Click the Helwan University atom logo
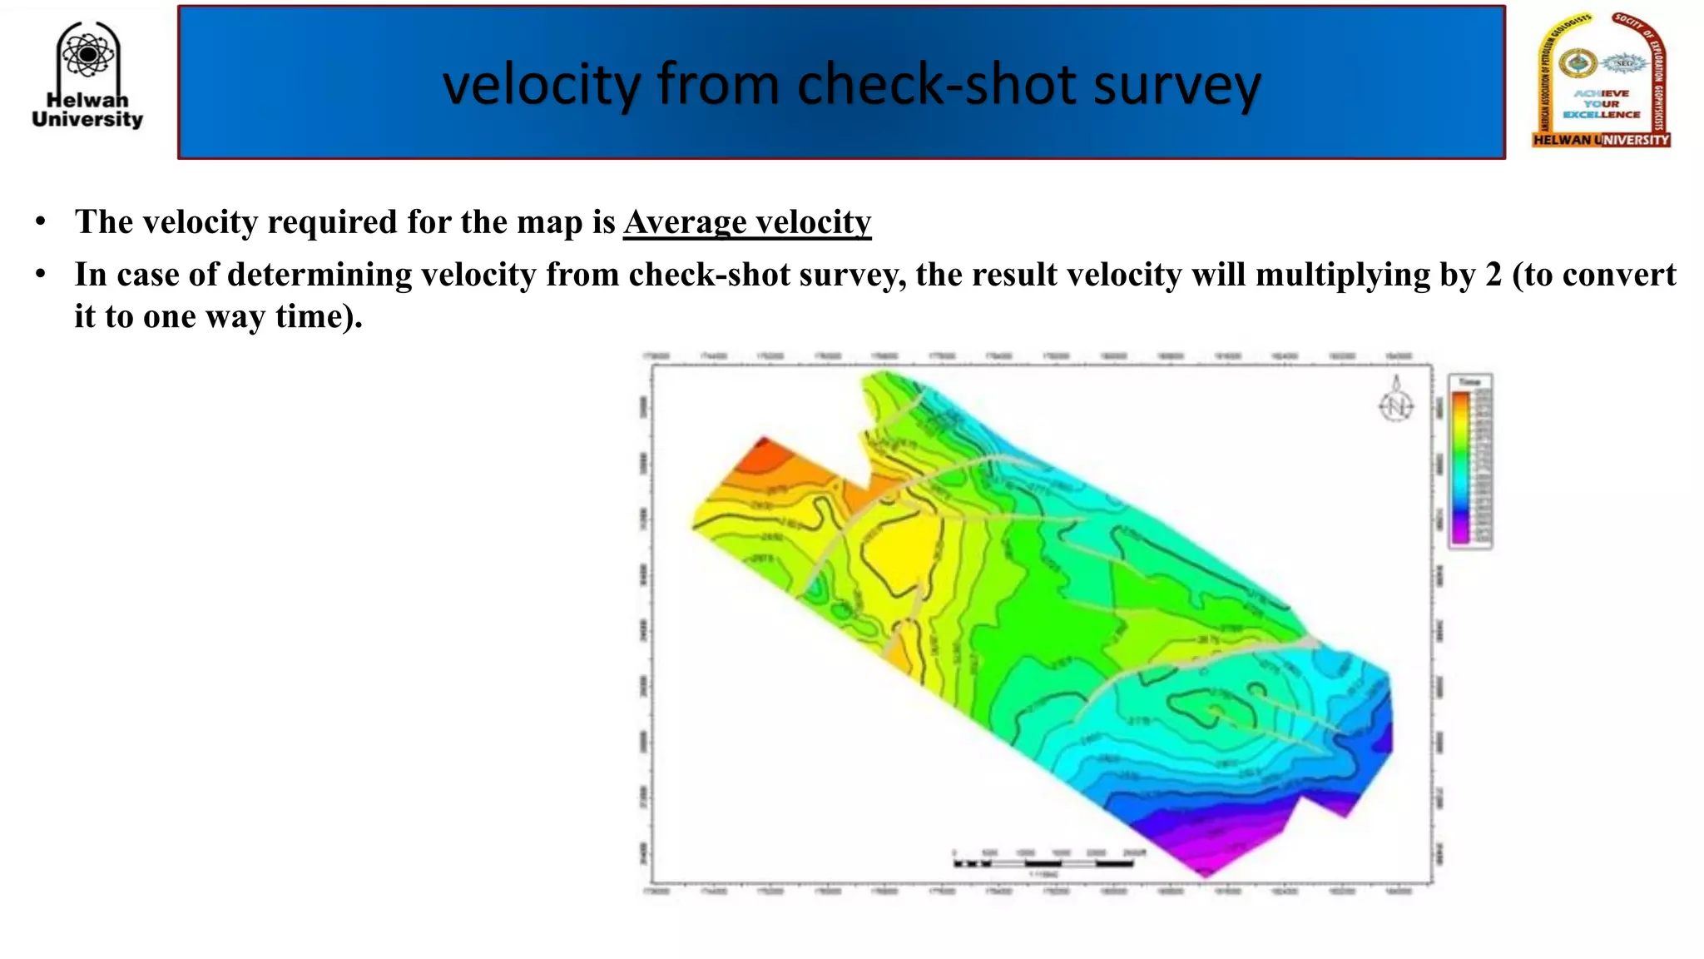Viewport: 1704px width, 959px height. [87, 55]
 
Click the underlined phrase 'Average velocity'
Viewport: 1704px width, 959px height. [746, 222]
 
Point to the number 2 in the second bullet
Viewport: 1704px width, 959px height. [1493, 275]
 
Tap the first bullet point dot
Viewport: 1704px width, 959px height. [40, 222]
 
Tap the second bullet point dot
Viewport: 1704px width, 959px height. [40, 275]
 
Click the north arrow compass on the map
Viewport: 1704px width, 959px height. [1396, 402]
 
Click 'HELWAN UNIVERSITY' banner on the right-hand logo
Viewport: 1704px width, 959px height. [1601, 140]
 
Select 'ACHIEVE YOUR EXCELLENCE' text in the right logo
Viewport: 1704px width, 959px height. [1601, 104]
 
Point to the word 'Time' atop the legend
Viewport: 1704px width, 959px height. [1469, 382]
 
